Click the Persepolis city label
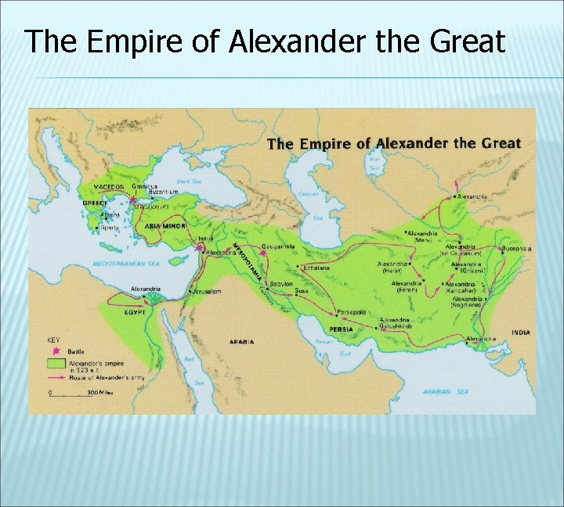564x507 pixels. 352,311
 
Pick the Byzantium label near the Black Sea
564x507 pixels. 154,192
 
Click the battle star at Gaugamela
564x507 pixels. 264,252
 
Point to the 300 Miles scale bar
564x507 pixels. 74,392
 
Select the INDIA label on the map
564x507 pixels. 520,332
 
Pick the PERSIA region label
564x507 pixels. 341,329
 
